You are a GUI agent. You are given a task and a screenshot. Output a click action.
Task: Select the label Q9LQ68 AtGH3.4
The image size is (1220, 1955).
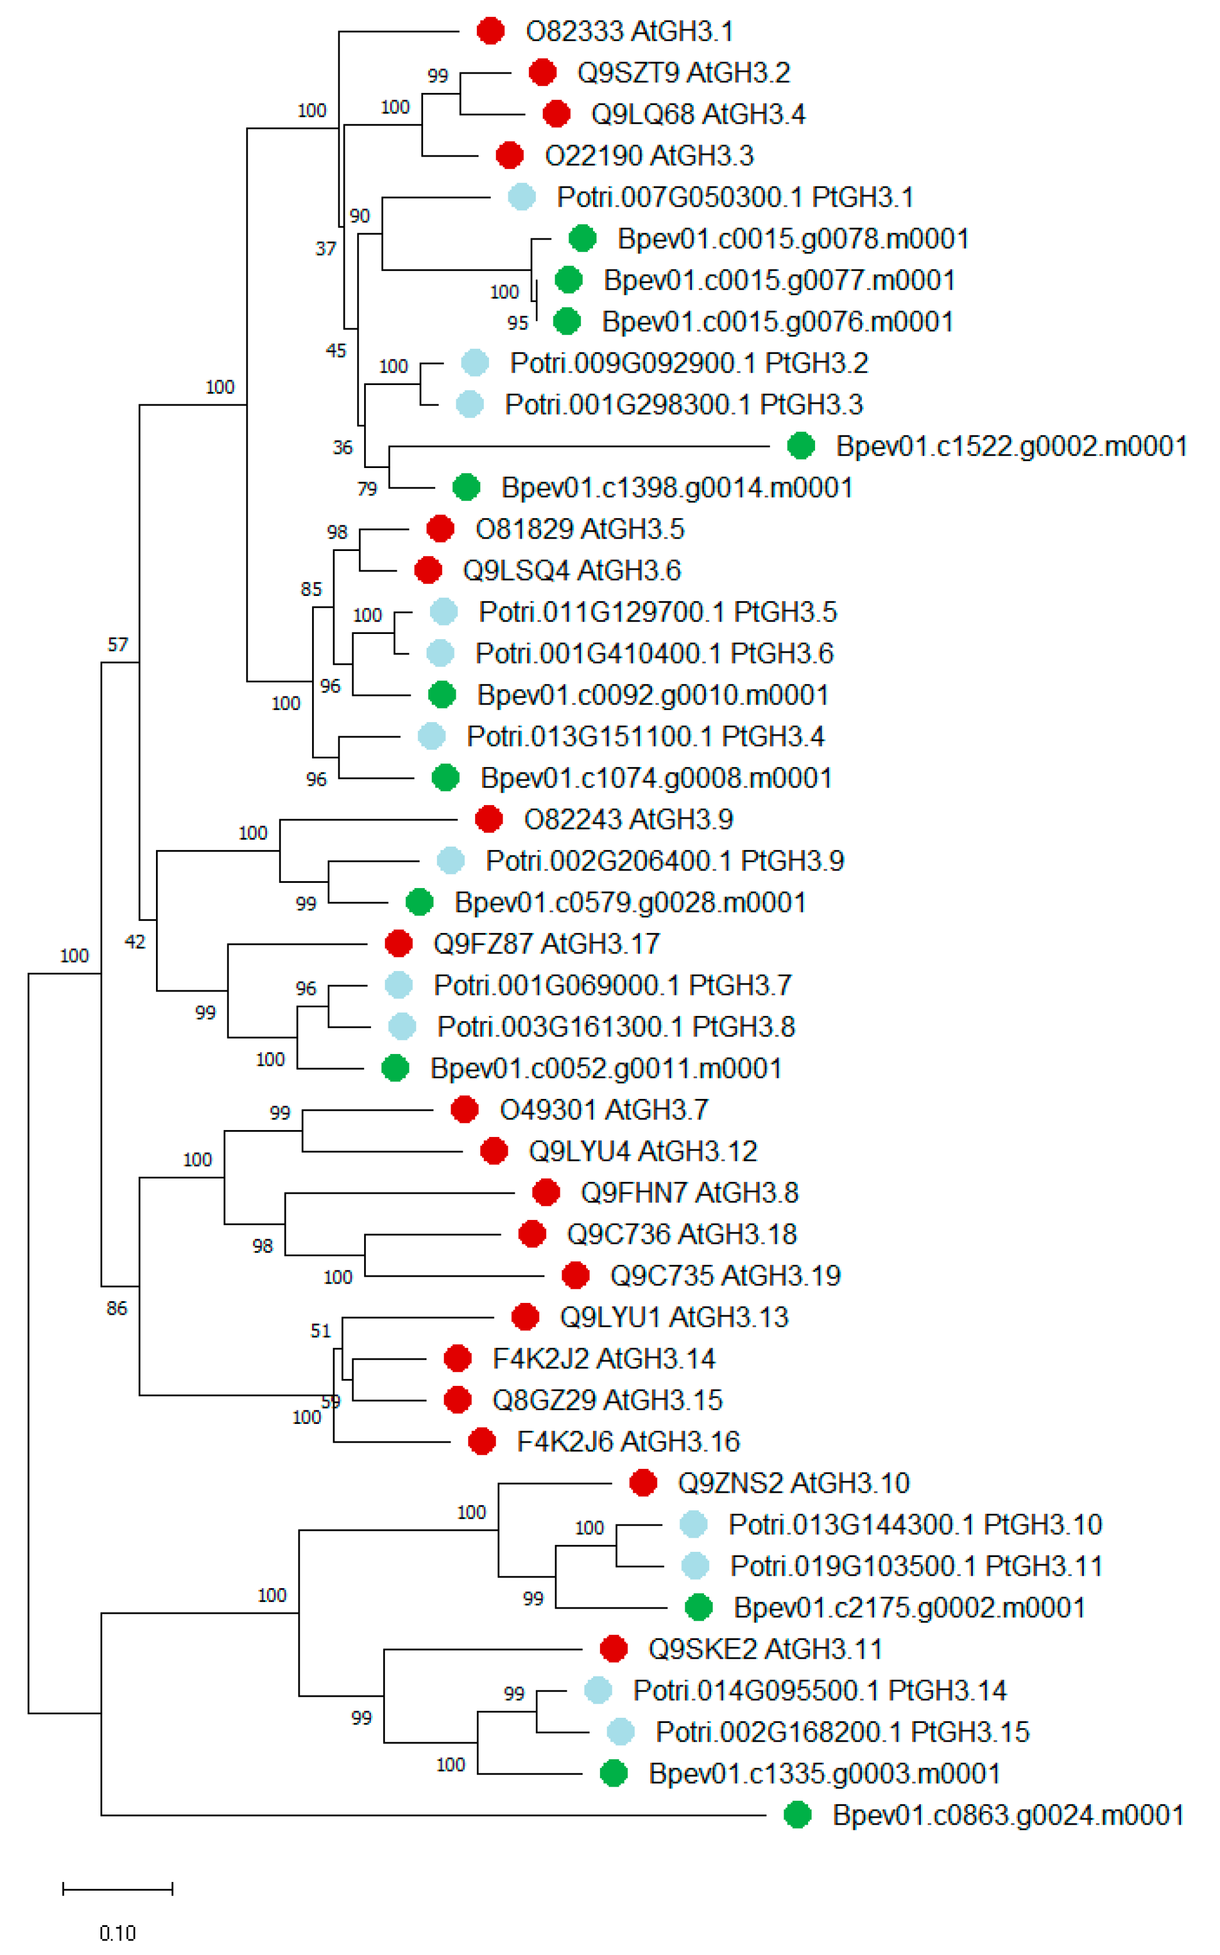698,115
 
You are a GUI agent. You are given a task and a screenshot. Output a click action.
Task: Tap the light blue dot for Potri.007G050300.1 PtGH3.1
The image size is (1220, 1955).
522,197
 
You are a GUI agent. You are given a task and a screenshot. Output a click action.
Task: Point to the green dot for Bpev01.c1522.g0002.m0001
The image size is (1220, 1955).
800,445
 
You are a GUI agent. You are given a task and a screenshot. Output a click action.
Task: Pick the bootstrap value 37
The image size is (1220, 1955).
325,248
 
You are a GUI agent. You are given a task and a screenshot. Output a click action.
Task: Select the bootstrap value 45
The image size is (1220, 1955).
335,351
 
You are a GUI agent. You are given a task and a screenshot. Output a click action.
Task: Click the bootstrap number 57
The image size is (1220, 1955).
118,644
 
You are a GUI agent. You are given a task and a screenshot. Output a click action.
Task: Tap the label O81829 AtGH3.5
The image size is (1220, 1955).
580,529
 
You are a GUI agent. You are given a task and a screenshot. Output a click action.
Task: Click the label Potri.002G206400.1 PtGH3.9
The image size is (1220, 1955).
664,861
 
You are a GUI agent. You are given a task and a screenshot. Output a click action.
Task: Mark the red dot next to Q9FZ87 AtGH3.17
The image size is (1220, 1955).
398,943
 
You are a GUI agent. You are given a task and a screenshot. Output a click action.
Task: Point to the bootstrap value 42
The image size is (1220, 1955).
135,942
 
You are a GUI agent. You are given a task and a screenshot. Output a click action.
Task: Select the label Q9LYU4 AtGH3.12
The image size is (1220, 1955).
642,1152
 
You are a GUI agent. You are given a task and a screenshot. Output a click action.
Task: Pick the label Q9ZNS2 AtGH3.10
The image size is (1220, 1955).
793,1483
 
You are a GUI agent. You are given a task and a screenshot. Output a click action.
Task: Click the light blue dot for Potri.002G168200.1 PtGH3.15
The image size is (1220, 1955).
620,1731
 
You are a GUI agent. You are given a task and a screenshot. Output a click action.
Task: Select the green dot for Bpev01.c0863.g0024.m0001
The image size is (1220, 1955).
797,1815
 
